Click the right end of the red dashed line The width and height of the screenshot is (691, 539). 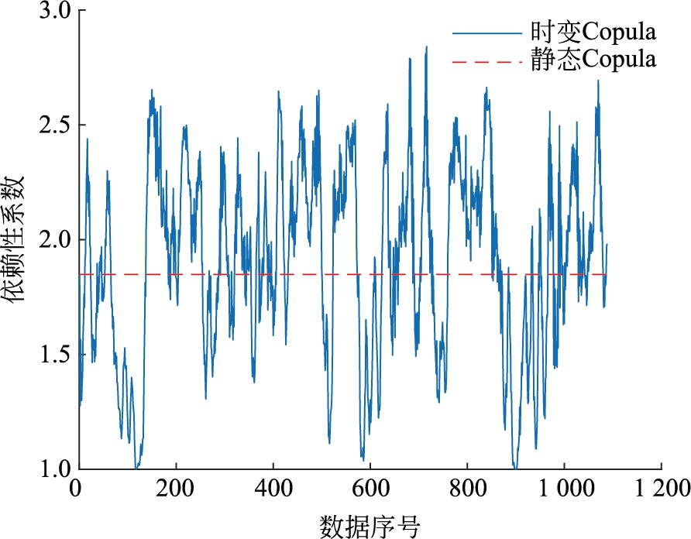tap(607, 274)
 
